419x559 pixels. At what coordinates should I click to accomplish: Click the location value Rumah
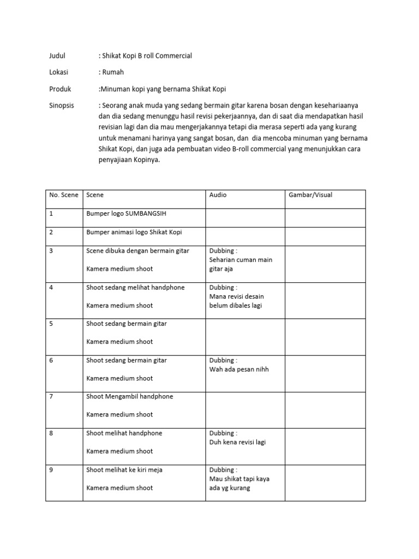(x=115, y=72)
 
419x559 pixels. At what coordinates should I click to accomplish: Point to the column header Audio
(x=218, y=195)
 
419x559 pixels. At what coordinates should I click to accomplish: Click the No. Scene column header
(x=64, y=195)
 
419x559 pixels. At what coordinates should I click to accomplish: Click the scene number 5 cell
(x=51, y=324)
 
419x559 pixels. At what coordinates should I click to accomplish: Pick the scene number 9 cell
(x=51, y=470)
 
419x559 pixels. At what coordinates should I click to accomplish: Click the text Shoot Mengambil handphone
(x=129, y=396)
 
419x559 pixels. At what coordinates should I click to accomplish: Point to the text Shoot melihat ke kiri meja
(x=124, y=470)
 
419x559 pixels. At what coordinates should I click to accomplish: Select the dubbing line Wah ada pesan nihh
(x=239, y=369)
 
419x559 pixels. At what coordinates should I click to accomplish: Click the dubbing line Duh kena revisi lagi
(x=237, y=442)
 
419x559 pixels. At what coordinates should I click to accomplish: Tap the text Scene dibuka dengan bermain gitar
(x=137, y=251)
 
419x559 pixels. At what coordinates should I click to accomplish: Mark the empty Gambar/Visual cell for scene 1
(x=325, y=217)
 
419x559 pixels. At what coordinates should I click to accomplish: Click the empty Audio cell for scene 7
(x=245, y=409)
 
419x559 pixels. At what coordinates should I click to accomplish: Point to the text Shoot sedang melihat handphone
(x=135, y=287)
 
